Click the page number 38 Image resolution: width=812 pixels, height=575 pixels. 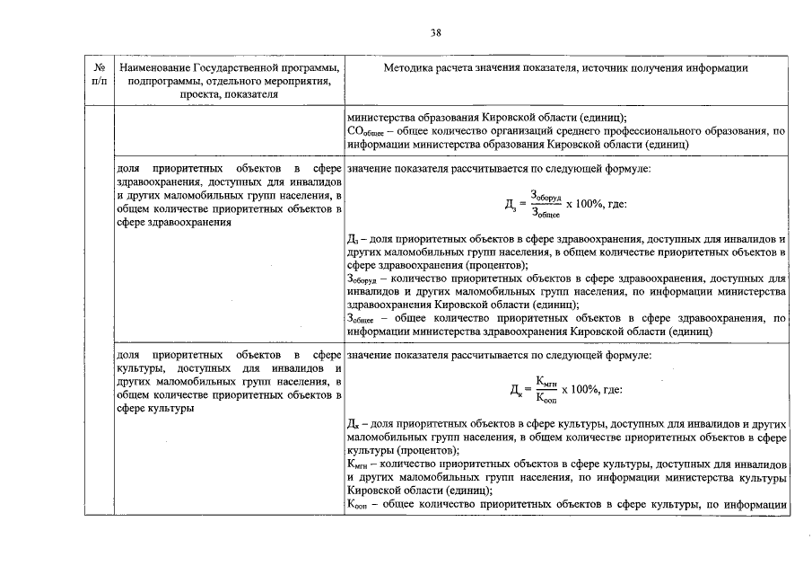pyautogui.click(x=434, y=33)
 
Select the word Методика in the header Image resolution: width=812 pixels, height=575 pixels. pyautogui.click(x=406, y=68)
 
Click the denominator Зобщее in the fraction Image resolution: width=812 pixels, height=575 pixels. pyautogui.click(x=546, y=214)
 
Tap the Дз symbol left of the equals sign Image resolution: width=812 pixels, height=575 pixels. pyautogui.click(x=511, y=205)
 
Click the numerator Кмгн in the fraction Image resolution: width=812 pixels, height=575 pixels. pyautogui.click(x=546, y=380)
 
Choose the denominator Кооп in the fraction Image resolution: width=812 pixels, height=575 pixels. pyautogui.click(x=546, y=399)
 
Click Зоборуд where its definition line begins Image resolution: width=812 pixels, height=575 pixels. pyautogui.click(x=362, y=279)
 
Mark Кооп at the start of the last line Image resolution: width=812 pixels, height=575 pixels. pyautogui.click(x=358, y=505)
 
